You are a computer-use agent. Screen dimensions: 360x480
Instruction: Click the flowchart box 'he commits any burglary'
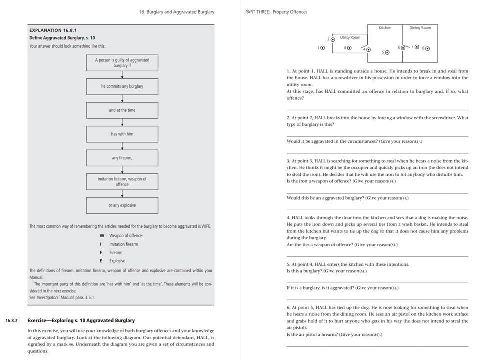(x=122, y=86)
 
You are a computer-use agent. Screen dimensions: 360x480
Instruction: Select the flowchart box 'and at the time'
(x=122, y=110)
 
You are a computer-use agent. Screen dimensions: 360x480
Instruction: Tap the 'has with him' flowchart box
(x=122, y=134)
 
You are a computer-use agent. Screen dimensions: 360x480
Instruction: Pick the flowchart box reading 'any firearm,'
(x=122, y=158)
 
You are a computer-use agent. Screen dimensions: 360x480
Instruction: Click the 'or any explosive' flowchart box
(x=122, y=205)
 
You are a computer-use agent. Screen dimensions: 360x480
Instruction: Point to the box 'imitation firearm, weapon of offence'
(x=122, y=181)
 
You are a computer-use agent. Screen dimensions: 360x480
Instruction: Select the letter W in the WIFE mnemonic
(x=102, y=236)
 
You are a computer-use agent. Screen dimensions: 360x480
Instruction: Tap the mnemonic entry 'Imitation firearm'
(x=123, y=244)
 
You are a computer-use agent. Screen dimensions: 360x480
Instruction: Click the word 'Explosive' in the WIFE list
(x=117, y=261)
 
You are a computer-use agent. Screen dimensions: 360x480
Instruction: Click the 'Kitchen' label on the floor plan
(x=385, y=28)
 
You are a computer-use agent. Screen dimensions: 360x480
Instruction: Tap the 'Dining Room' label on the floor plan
(x=420, y=28)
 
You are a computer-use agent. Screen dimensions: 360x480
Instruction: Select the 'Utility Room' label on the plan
(x=350, y=37)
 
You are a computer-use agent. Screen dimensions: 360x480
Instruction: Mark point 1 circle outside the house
(x=322, y=48)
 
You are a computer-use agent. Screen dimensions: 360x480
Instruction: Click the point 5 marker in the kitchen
(x=388, y=52)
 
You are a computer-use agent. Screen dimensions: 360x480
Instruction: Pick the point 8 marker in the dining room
(x=427, y=48)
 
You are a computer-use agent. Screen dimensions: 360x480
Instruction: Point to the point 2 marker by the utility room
(x=333, y=39)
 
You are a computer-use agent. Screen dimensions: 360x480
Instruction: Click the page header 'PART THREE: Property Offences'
(x=276, y=12)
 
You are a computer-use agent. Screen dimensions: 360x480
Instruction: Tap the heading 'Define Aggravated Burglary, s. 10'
(x=61, y=38)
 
